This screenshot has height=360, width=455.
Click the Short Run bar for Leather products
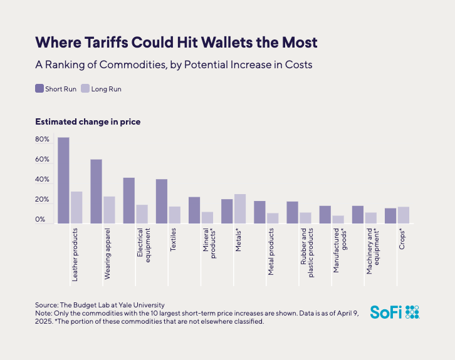point(63,180)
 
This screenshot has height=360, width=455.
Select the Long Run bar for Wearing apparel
point(109,210)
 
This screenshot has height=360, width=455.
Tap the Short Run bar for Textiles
point(162,201)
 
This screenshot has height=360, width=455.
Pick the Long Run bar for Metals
point(239,208)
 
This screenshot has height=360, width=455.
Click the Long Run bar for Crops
point(403,215)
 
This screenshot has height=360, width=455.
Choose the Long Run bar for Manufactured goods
point(338,219)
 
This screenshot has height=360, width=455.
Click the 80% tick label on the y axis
point(42,139)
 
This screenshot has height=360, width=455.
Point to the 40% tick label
point(42,180)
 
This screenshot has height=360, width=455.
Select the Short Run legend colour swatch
point(39,89)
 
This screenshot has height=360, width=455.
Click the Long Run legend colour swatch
point(86,89)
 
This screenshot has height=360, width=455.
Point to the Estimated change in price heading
point(88,121)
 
